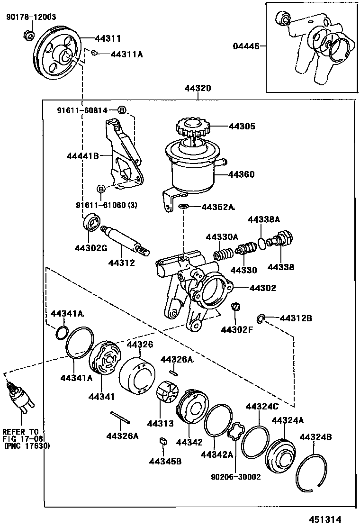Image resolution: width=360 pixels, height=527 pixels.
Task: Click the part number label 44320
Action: [x=198, y=89]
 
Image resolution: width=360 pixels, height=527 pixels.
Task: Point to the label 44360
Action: [x=241, y=174]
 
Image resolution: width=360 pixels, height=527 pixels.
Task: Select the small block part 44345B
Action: [x=162, y=441]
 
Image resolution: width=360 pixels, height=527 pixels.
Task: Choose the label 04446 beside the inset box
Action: [x=246, y=46]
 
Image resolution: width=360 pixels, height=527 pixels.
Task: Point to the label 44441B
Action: [x=82, y=155]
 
